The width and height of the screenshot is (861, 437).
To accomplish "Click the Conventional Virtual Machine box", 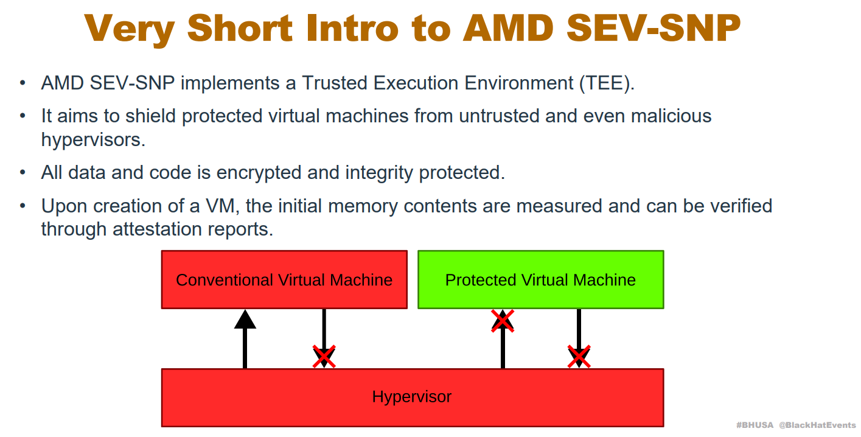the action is (x=284, y=279).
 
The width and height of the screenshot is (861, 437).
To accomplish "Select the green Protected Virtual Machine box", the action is (x=541, y=279).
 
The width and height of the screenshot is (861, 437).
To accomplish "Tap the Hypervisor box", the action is (x=413, y=397).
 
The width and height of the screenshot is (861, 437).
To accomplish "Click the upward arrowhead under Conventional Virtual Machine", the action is (x=245, y=320).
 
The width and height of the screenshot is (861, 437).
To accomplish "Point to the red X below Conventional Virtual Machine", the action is (x=324, y=356).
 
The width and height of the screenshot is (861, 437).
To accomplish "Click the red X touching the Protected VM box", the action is (x=503, y=321).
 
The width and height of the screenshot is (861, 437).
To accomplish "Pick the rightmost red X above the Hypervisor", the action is (x=579, y=356).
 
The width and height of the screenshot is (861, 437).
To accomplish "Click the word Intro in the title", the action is (x=352, y=28).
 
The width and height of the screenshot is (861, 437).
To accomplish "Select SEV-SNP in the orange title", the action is (x=653, y=28).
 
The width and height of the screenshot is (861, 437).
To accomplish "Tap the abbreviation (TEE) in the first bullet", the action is (x=607, y=83).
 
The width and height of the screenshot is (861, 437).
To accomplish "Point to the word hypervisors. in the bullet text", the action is (x=94, y=140).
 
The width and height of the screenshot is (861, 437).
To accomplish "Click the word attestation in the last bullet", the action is (x=157, y=229).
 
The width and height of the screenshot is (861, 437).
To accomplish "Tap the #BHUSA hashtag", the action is (x=755, y=425).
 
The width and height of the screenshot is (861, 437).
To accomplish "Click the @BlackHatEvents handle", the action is (x=817, y=425).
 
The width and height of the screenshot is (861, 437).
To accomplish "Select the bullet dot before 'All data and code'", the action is (x=23, y=173).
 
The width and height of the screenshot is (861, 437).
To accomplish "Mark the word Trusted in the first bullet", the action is (x=335, y=83).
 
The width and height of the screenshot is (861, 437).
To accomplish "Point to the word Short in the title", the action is (x=240, y=28).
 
